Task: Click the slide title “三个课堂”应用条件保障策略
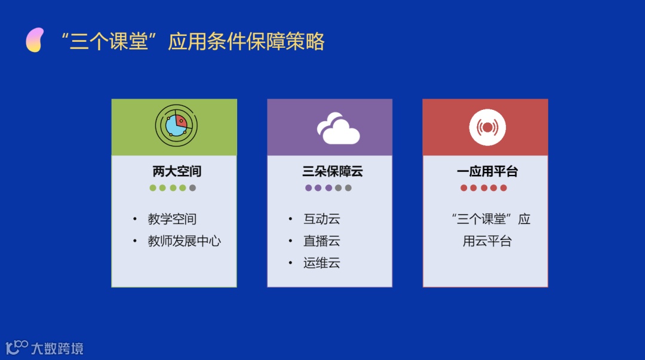click(x=192, y=42)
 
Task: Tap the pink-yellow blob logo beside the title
click(x=35, y=40)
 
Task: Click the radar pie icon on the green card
click(x=176, y=125)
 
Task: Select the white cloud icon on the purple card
click(x=338, y=128)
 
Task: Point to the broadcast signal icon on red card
click(x=487, y=127)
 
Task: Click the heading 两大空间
click(x=177, y=171)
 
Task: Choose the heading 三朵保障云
click(x=333, y=171)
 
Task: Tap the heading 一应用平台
click(x=487, y=171)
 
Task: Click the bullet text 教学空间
click(x=172, y=219)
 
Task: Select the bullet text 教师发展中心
click(x=185, y=241)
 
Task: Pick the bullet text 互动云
click(x=322, y=219)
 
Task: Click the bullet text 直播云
click(x=322, y=241)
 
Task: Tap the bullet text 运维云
click(x=322, y=263)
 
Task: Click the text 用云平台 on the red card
click(x=487, y=241)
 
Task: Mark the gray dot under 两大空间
click(x=192, y=188)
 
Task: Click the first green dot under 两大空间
click(x=153, y=188)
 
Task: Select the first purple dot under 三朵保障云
click(x=308, y=188)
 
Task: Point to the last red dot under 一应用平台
click(x=503, y=188)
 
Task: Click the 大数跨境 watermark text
click(x=57, y=349)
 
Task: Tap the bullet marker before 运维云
click(x=290, y=263)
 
